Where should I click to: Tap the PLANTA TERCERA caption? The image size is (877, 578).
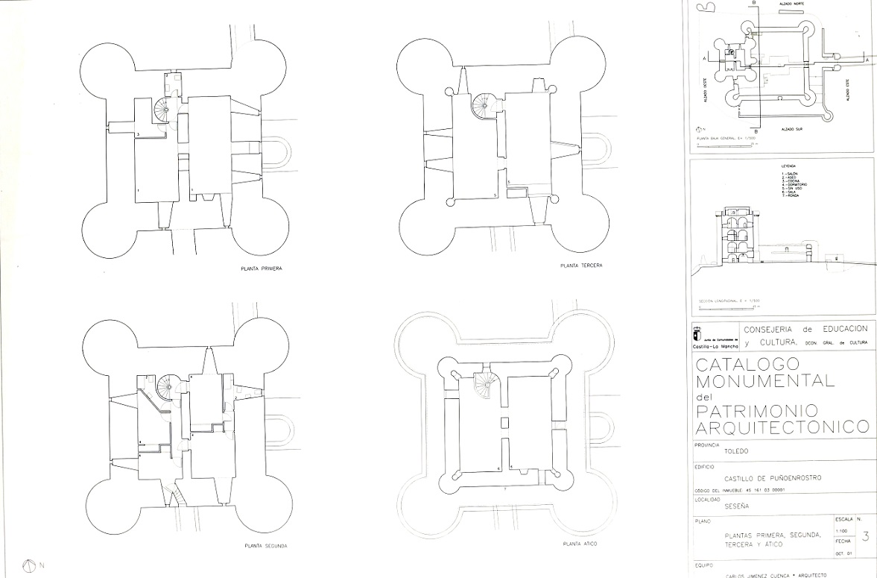[581, 266]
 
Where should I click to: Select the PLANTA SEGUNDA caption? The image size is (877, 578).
[265, 546]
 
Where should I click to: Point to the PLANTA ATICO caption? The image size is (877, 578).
[580, 544]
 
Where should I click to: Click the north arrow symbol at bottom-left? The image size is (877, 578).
[31, 565]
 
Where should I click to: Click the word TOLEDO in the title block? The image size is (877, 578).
[735, 451]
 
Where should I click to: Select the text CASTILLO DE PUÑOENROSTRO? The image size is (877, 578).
[773, 478]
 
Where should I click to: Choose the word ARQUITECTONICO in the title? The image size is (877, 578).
[782, 427]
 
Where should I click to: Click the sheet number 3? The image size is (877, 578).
[864, 535]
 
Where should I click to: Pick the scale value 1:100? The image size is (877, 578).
[840, 530]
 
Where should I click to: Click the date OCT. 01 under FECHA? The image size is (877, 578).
[843, 554]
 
